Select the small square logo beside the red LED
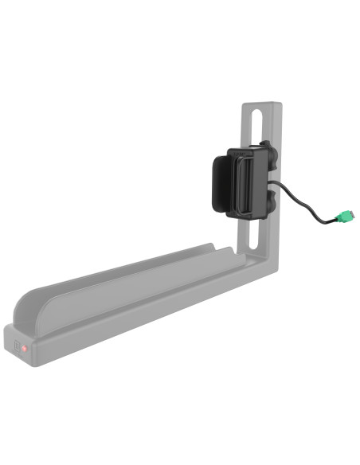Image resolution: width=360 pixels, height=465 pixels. (17, 345)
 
